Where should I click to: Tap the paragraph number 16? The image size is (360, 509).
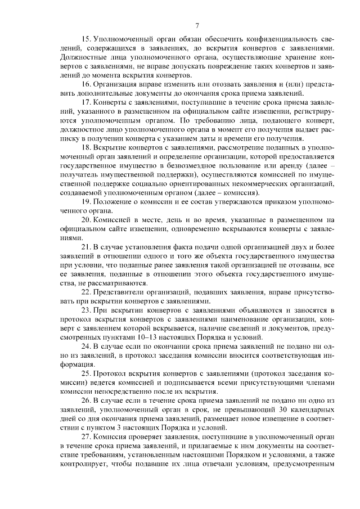[87, 83]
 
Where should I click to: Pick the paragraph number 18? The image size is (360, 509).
[87, 147]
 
